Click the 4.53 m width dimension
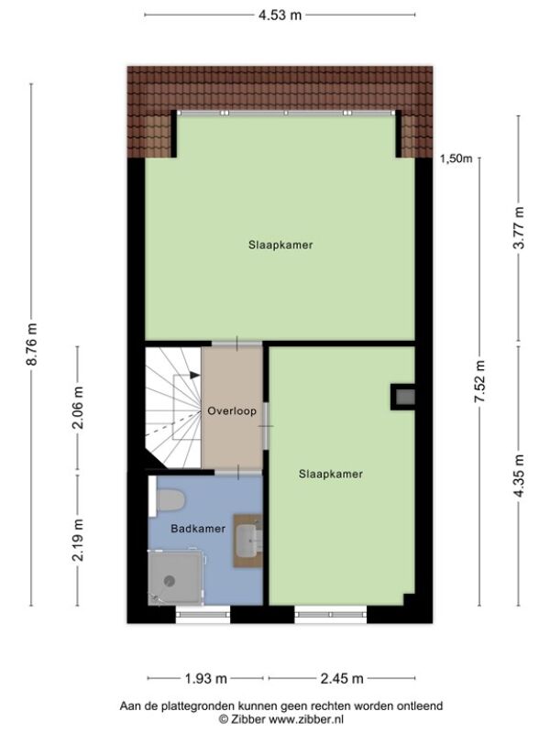coord(280,15)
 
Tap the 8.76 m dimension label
coord(31,345)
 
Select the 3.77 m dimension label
coord(519,227)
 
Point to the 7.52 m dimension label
coord(479,381)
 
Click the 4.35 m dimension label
coord(519,476)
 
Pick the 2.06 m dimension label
coord(78,408)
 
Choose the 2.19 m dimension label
coord(78,540)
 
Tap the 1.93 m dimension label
coord(205,678)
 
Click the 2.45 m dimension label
coord(342,678)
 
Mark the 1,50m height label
coord(456,159)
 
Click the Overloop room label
coord(232,411)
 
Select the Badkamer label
coord(198,529)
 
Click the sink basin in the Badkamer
coord(247,541)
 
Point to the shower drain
coord(170,581)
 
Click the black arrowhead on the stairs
coord(195,375)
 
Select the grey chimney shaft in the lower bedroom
coord(405,398)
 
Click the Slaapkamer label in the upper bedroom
coord(280,245)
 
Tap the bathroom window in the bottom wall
coord(203,614)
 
